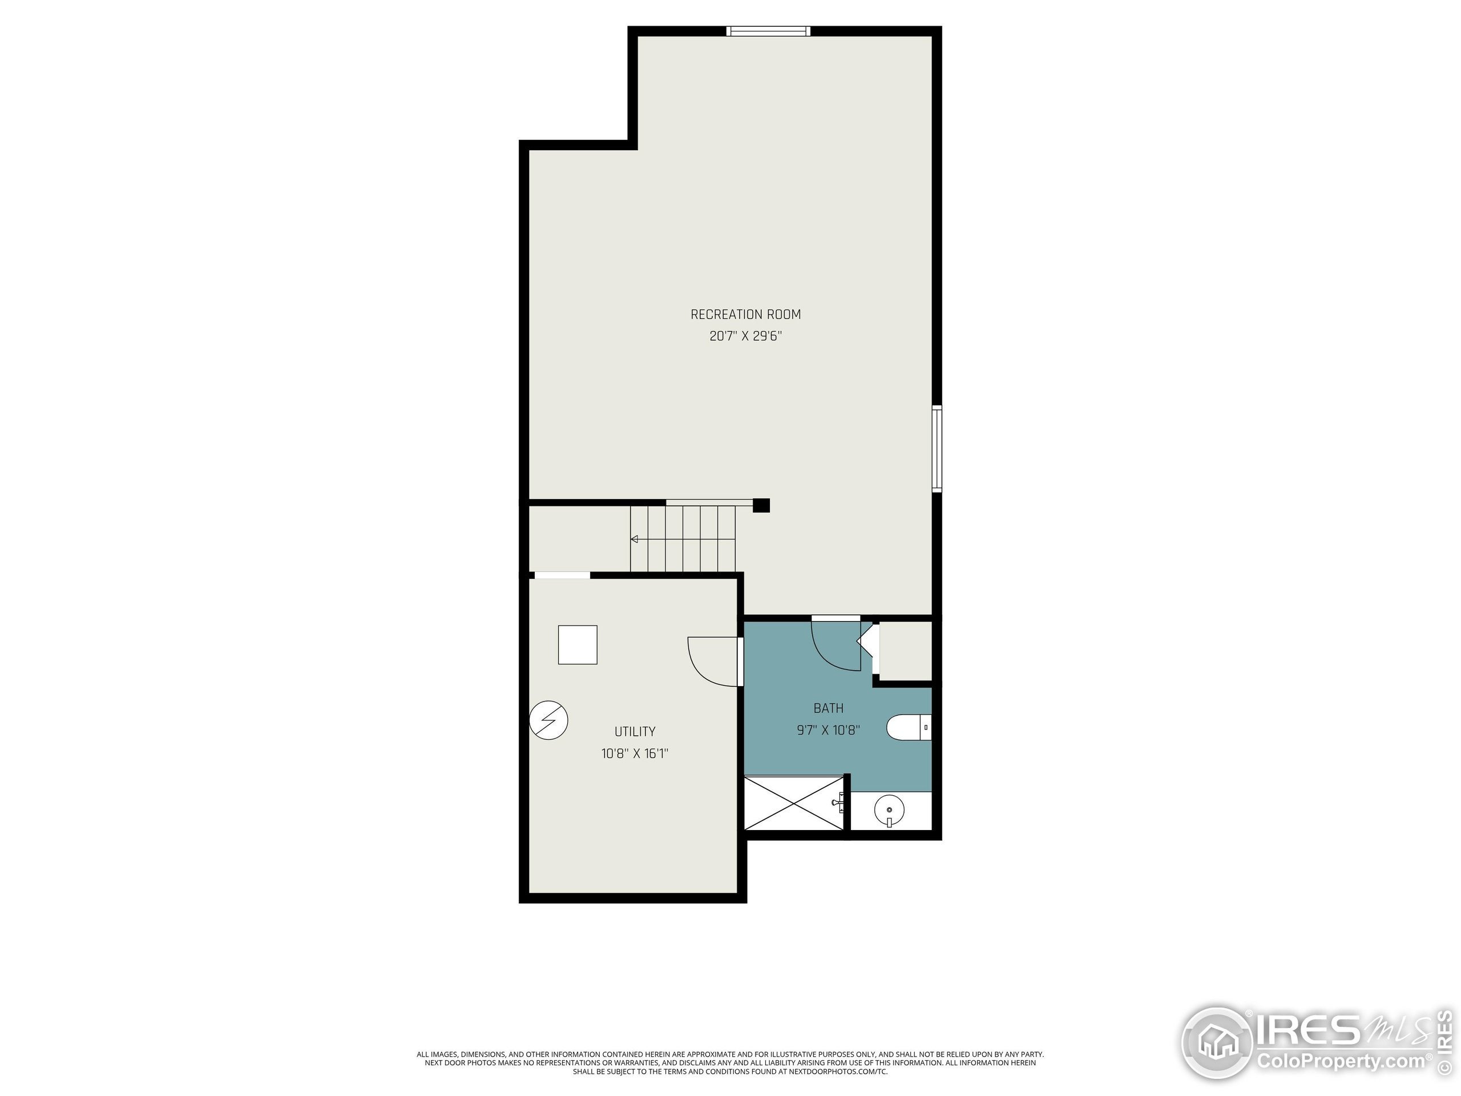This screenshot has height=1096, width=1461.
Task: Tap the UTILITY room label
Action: tap(635, 731)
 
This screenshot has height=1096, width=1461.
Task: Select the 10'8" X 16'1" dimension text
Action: tap(635, 753)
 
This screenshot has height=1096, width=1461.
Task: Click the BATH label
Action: tap(828, 708)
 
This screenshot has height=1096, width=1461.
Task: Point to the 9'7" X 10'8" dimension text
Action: tap(828, 730)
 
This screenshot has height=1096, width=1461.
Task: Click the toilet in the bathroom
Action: tap(908, 727)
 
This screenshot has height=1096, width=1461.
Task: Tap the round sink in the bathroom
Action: tap(889, 809)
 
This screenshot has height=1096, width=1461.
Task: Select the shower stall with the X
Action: tap(794, 803)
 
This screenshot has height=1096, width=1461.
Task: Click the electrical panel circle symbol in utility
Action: tap(549, 720)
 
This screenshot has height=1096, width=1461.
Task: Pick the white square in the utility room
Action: tap(578, 644)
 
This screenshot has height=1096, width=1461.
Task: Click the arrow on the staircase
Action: tap(635, 539)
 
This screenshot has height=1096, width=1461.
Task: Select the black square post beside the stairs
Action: tap(761, 505)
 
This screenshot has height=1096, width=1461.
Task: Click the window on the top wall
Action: tap(768, 31)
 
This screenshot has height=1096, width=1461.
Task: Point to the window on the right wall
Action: tap(937, 449)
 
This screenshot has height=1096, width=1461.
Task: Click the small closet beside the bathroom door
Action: tap(905, 650)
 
